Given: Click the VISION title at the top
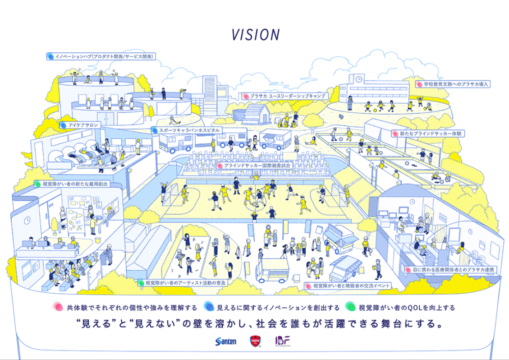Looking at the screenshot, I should tap(256, 35).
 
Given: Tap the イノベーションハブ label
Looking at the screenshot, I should tap(101, 57).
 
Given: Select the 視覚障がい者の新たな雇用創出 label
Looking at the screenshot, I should tap(73, 184).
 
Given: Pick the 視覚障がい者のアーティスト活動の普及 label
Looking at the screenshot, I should tap(182, 283).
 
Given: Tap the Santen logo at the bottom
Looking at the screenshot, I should tap(226, 341).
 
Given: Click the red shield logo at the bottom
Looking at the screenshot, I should tap(255, 341).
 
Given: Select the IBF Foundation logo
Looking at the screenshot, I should tap(283, 341).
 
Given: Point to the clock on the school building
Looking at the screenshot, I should tap(359, 79).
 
